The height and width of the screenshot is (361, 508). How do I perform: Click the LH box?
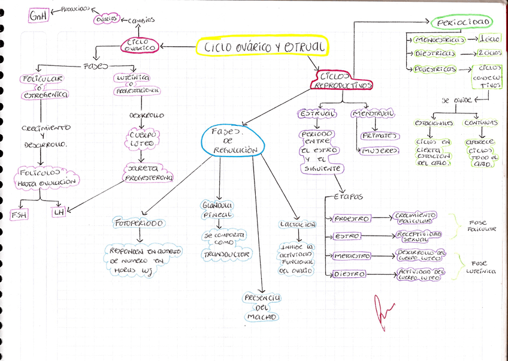59,212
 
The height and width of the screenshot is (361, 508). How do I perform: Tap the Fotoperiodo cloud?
139,223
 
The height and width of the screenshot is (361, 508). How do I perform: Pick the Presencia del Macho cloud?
264,306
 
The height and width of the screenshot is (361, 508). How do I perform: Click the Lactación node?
298,224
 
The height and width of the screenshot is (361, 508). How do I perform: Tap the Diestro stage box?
349,274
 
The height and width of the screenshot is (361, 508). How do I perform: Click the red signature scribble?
382,307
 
